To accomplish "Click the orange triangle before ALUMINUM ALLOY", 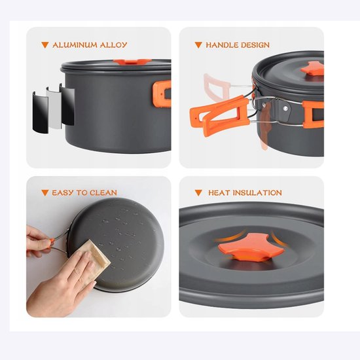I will [45, 45].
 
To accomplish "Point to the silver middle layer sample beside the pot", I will [56, 105].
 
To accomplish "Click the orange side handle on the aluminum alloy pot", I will [163, 93].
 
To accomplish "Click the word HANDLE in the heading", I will [223, 45].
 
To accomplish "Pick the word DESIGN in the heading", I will [255, 45].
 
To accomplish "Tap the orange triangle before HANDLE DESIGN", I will [198, 45].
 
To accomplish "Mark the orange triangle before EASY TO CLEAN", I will [45, 193].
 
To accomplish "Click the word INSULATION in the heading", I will [256, 193].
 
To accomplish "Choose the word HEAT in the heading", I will [219, 193].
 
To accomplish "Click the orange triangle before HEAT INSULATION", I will [198, 193].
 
